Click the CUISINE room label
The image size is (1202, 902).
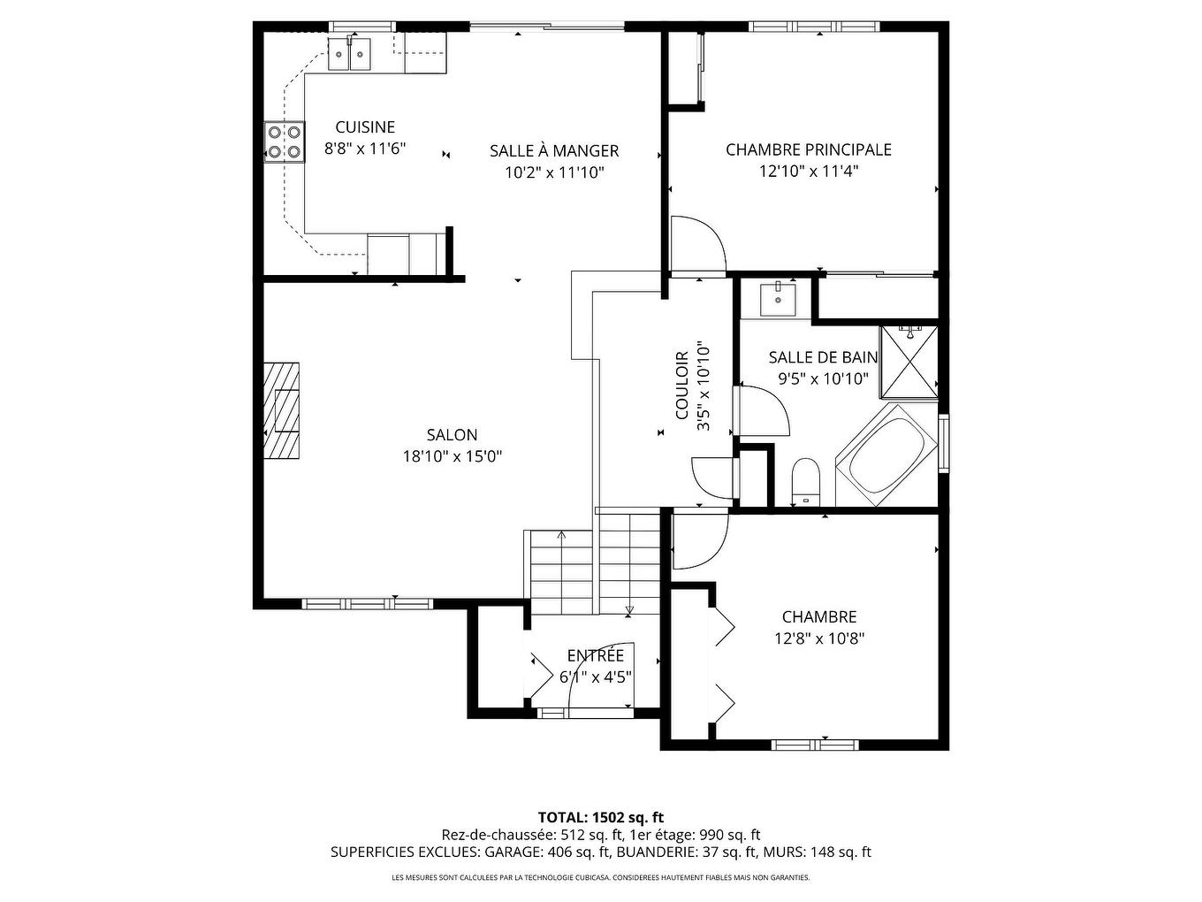[x=364, y=127]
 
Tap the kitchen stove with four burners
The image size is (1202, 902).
[x=283, y=141]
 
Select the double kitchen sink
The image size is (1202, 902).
[x=350, y=54]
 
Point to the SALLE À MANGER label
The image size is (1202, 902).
[x=554, y=150]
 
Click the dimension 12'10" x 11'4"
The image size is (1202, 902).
[x=809, y=172]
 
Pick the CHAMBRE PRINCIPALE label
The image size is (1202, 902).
[x=809, y=149]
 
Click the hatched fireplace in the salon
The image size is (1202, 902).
[x=282, y=410]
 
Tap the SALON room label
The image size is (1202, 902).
[x=452, y=434]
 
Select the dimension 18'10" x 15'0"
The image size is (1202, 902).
[x=452, y=456]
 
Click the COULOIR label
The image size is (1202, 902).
[x=681, y=386]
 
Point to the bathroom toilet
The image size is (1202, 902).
[x=805, y=482]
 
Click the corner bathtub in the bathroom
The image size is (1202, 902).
[x=885, y=456]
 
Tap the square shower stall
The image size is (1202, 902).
[x=909, y=363]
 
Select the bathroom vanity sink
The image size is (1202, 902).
[x=778, y=299]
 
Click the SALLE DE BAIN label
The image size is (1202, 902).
[x=823, y=357]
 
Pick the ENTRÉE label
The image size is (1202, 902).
[x=595, y=655]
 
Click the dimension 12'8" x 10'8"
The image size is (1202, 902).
[x=819, y=638]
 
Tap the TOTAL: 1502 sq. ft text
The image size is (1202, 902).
[x=600, y=816]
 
